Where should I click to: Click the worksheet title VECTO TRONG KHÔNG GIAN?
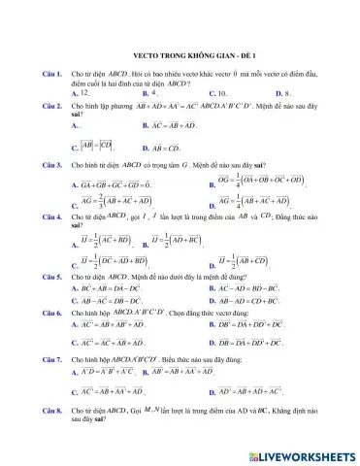pyautogui.click(x=180, y=56)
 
